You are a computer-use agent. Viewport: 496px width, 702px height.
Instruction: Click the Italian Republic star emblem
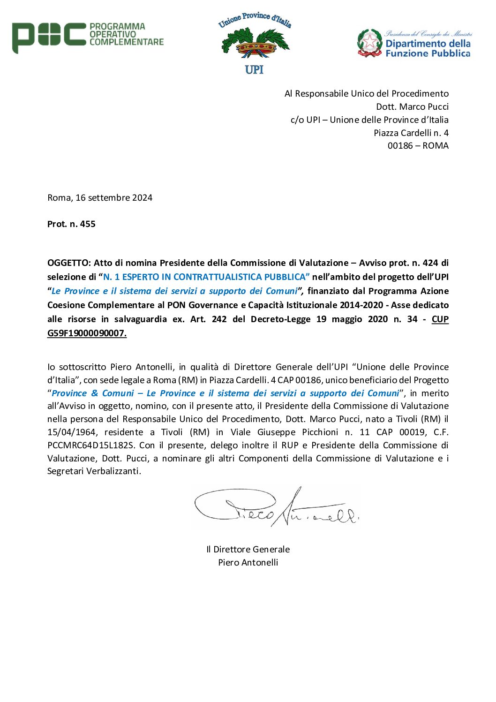370,43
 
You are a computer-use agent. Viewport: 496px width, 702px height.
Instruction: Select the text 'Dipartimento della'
428,44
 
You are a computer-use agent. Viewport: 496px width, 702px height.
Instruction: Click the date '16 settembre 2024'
114,198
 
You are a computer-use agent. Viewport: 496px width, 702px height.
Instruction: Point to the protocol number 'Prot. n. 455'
71,224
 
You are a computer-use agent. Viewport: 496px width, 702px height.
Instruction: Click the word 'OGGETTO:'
69,263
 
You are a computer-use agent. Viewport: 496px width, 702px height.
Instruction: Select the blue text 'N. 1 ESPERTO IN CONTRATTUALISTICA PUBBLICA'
206,277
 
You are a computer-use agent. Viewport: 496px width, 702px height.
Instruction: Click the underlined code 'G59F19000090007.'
87,333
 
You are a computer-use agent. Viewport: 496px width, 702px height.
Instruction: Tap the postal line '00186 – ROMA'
418,146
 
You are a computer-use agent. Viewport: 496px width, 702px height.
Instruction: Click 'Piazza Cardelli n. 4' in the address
411,133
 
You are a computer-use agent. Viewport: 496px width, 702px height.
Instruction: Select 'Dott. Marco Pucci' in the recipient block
412,107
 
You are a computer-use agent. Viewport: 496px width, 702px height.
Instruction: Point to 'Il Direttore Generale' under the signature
248,550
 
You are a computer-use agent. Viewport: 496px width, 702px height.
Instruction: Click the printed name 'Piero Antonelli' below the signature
248,563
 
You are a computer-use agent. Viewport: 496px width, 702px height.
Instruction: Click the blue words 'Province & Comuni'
92,393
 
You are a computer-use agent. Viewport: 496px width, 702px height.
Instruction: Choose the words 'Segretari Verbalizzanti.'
94,471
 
